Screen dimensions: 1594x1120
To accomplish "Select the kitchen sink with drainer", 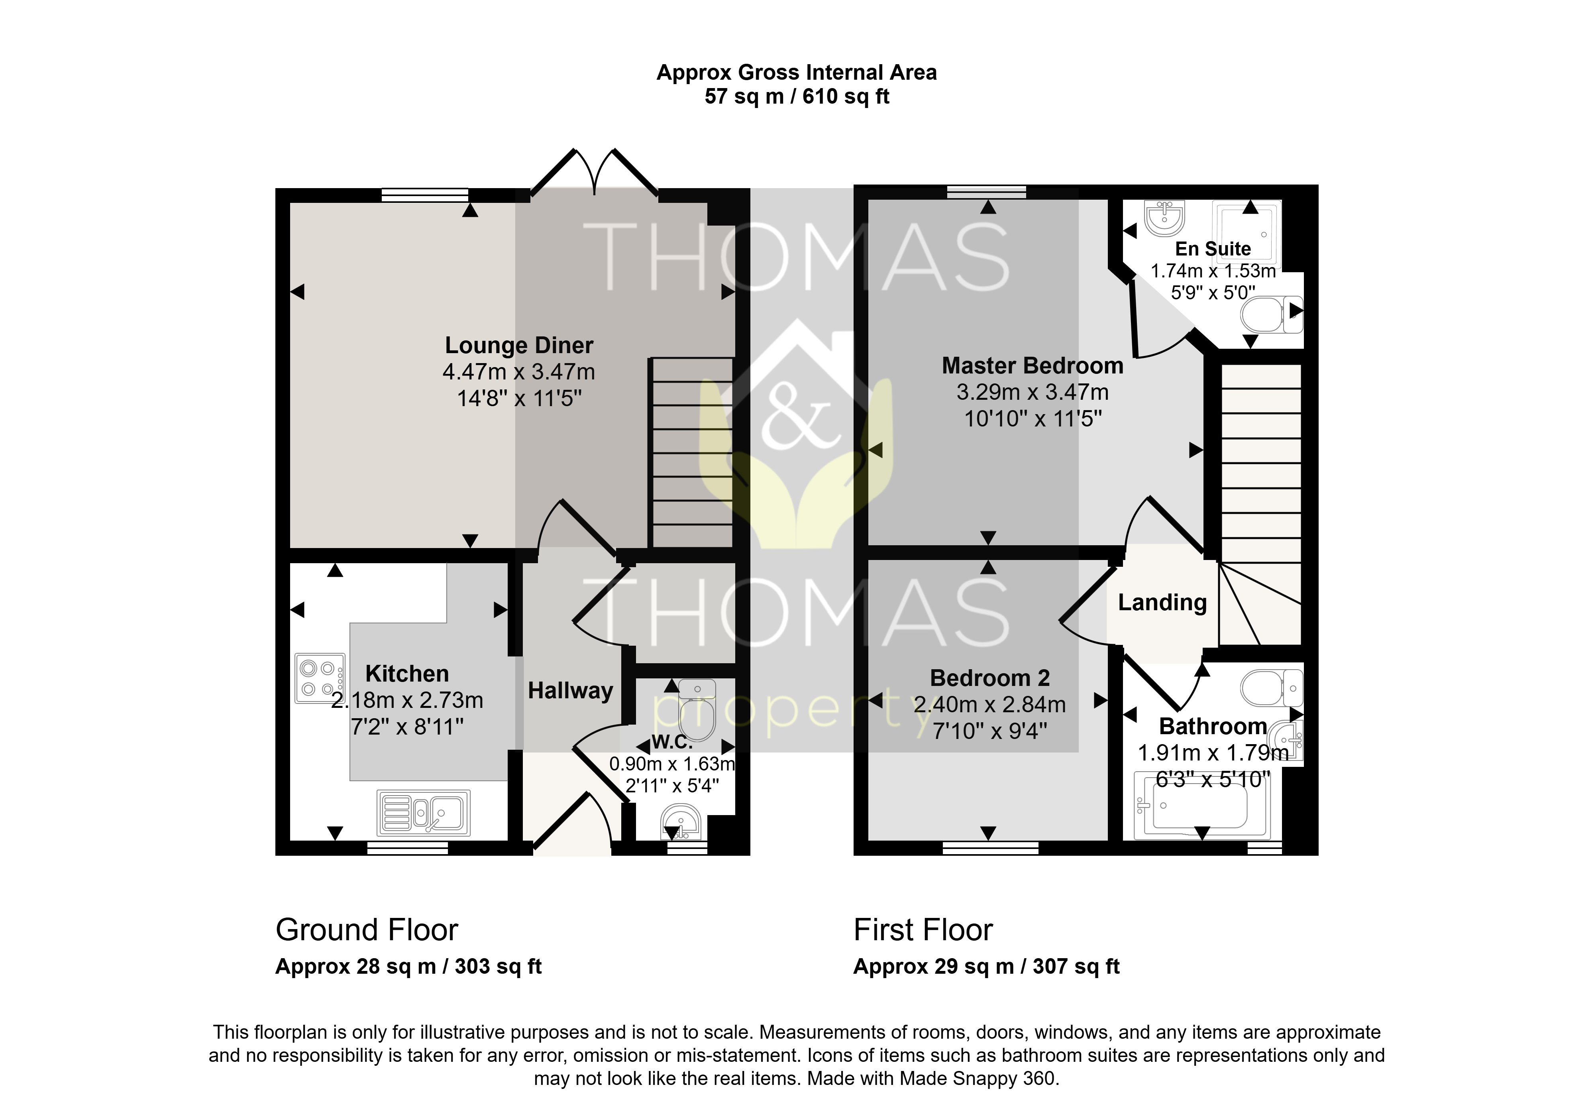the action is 424,812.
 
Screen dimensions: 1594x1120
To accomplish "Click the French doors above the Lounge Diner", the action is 594,172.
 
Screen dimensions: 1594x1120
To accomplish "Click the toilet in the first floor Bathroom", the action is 1272,688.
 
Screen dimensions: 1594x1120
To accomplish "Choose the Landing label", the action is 1162,603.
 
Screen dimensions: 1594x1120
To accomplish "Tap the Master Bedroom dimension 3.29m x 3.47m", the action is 1033,392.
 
